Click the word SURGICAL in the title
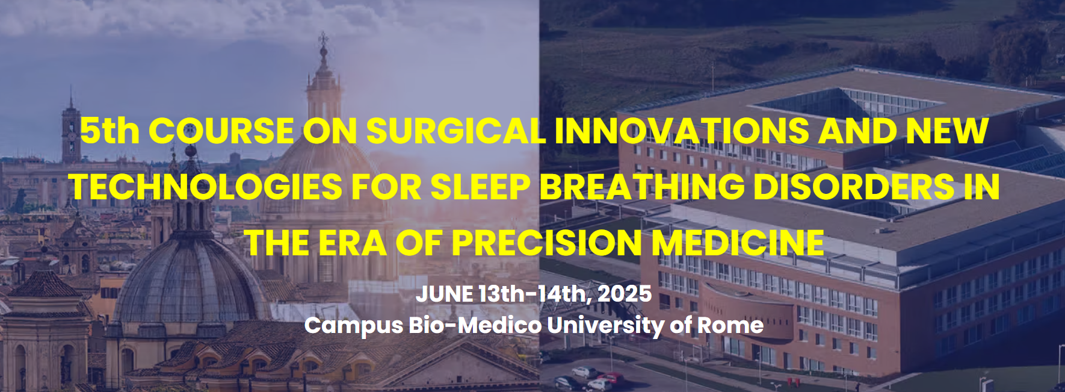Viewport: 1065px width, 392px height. [456, 131]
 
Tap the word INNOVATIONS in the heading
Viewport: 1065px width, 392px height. [682, 131]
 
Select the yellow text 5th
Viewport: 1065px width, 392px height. [110, 131]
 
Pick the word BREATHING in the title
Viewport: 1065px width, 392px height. [642, 187]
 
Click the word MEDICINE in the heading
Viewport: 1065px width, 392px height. [738, 243]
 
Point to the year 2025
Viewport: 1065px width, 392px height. [625, 294]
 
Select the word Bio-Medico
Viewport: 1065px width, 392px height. [475, 325]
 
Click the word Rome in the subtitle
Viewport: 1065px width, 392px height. [730, 325]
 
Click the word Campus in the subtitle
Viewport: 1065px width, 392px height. [354, 326]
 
